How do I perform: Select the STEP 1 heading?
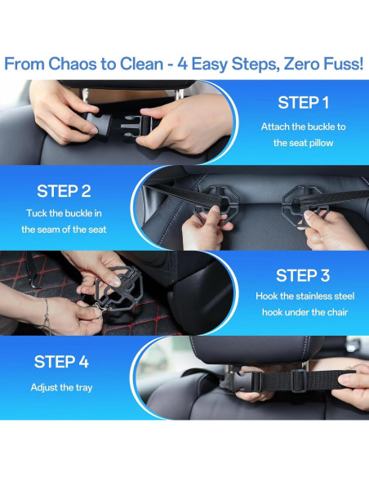[x=304, y=103]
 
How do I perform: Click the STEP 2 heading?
[x=64, y=191]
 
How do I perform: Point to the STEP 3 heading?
[x=303, y=275]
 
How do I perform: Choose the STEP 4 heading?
[x=61, y=362]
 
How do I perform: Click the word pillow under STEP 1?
[x=320, y=143]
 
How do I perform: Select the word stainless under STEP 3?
[x=310, y=296]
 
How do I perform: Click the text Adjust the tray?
[x=61, y=387]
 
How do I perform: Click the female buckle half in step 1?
[x=98, y=125]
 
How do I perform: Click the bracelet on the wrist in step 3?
[x=47, y=316]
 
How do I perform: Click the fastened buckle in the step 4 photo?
[x=247, y=382]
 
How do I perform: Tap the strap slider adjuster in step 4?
[x=299, y=381]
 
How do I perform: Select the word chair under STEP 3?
[x=337, y=312]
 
